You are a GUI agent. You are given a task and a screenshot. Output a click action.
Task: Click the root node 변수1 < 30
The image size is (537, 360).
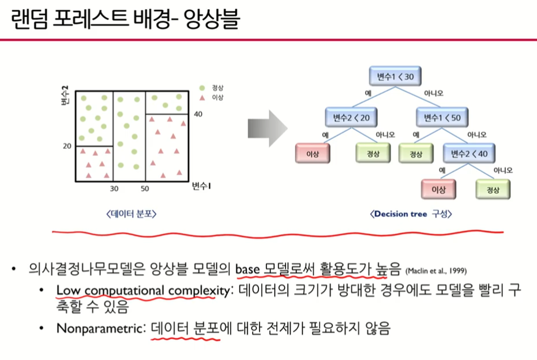395,76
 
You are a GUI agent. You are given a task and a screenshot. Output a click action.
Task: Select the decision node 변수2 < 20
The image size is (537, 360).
351,118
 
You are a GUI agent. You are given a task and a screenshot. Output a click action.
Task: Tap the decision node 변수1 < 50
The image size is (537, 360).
442,118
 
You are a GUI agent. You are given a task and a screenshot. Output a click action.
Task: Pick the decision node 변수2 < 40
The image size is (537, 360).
469,153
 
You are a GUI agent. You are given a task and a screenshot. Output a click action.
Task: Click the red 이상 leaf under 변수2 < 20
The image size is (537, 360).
313,153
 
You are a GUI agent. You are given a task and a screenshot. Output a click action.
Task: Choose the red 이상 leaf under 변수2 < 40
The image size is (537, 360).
438,189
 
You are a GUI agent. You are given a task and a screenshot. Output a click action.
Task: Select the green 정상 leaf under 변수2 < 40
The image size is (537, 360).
493,189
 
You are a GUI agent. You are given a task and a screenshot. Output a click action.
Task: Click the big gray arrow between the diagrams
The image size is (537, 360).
268,129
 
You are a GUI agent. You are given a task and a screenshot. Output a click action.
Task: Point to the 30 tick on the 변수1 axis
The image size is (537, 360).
114,189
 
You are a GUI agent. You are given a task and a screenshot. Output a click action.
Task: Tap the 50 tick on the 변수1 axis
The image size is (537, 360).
145,189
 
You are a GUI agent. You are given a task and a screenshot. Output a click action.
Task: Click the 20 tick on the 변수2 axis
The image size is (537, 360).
67,146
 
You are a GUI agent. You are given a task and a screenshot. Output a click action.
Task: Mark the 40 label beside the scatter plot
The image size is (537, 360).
198,114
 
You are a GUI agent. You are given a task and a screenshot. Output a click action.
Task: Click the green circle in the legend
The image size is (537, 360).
202,88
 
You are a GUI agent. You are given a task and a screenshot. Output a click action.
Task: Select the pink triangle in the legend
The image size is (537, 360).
202,98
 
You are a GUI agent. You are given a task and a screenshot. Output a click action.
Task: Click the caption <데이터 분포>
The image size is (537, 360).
132,214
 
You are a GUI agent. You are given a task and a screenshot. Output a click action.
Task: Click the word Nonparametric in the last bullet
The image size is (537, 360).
100,328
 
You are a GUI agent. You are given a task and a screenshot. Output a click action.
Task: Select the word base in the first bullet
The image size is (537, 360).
247,269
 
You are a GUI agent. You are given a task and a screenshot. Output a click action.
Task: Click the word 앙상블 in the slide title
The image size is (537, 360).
211,18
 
